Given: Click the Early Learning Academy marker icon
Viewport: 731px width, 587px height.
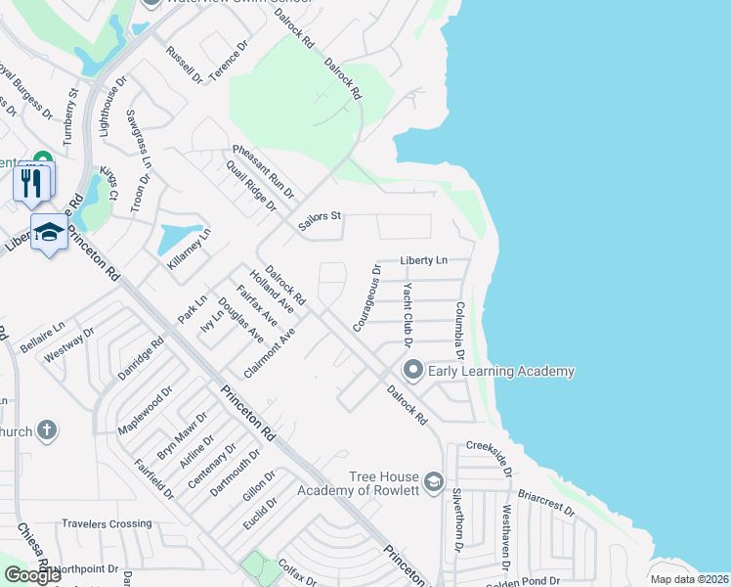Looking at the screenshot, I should click(412, 370).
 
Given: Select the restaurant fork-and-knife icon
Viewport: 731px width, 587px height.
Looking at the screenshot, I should click(31, 181).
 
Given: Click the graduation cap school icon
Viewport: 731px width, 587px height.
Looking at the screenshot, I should click(48, 233).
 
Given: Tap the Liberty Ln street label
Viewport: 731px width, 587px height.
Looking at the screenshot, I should click(424, 261).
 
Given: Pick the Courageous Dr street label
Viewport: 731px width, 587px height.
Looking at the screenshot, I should click(366, 296).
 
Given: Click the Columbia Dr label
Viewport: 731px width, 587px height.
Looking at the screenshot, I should click(457, 332).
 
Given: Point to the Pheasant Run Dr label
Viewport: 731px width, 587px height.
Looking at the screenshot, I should click(263, 172).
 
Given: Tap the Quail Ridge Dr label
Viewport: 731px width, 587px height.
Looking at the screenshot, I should click(251, 189).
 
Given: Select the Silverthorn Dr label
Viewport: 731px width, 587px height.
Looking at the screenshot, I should click(456, 519).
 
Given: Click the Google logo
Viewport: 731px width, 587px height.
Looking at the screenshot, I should click(31, 574).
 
